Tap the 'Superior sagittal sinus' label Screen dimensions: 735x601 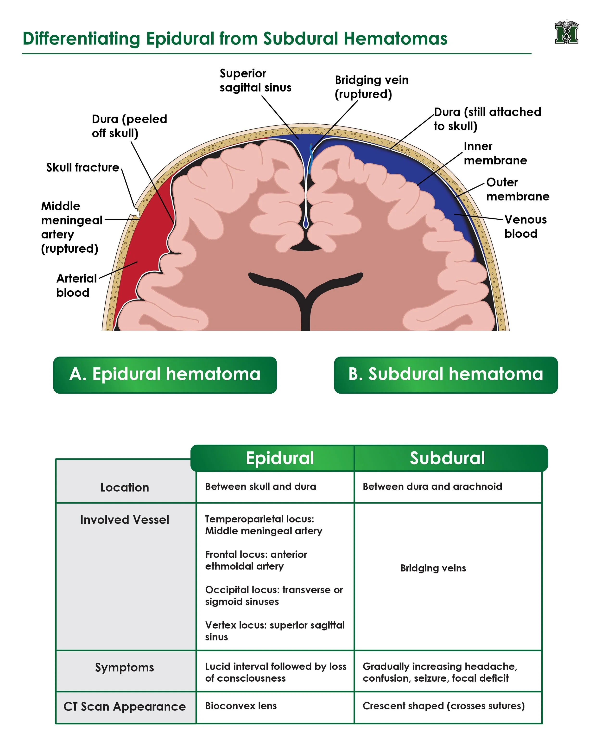point(255,80)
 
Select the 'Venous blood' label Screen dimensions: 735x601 point(525,227)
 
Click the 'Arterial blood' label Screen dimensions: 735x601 point(76,285)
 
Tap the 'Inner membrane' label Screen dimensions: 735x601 point(495,153)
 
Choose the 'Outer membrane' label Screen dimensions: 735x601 point(518,190)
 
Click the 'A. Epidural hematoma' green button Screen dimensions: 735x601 point(165,375)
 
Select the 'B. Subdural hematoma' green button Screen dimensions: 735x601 point(446,375)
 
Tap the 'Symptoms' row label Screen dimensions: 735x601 point(124,667)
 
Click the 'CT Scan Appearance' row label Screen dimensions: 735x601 point(125,707)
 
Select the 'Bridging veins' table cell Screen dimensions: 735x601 point(433,568)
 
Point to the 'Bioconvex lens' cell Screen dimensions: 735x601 point(241,706)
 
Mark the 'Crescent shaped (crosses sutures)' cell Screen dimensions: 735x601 point(443,706)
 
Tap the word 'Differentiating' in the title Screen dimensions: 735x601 point(81,38)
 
